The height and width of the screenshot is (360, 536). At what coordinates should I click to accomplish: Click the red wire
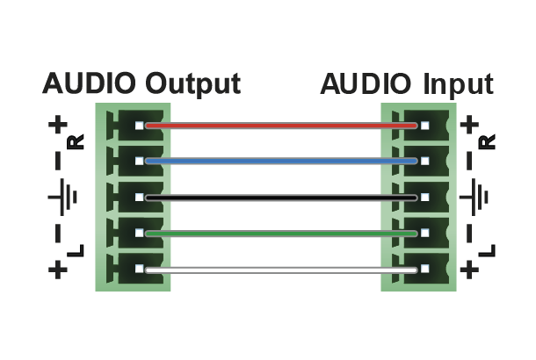pyautogui.click(x=281, y=126)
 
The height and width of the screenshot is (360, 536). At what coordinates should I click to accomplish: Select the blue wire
pyautogui.click(x=281, y=162)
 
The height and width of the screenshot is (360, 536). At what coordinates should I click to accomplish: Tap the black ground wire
pyautogui.click(x=281, y=198)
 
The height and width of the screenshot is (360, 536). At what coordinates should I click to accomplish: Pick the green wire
pyautogui.click(x=281, y=234)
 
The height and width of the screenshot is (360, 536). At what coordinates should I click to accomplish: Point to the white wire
pyautogui.click(x=281, y=270)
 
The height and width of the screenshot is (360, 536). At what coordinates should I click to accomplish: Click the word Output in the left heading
pyautogui.click(x=193, y=84)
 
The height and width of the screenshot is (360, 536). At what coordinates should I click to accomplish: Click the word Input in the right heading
pyautogui.click(x=458, y=84)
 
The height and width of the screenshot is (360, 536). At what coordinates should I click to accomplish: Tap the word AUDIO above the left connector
pyautogui.click(x=90, y=84)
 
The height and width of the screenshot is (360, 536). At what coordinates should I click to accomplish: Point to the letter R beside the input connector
pyautogui.click(x=489, y=141)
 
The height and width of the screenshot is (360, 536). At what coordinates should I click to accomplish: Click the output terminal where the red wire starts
pyautogui.click(x=139, y=126)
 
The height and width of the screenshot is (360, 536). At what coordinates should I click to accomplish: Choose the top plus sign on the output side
pyautogui.click(x=58, y=126)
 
